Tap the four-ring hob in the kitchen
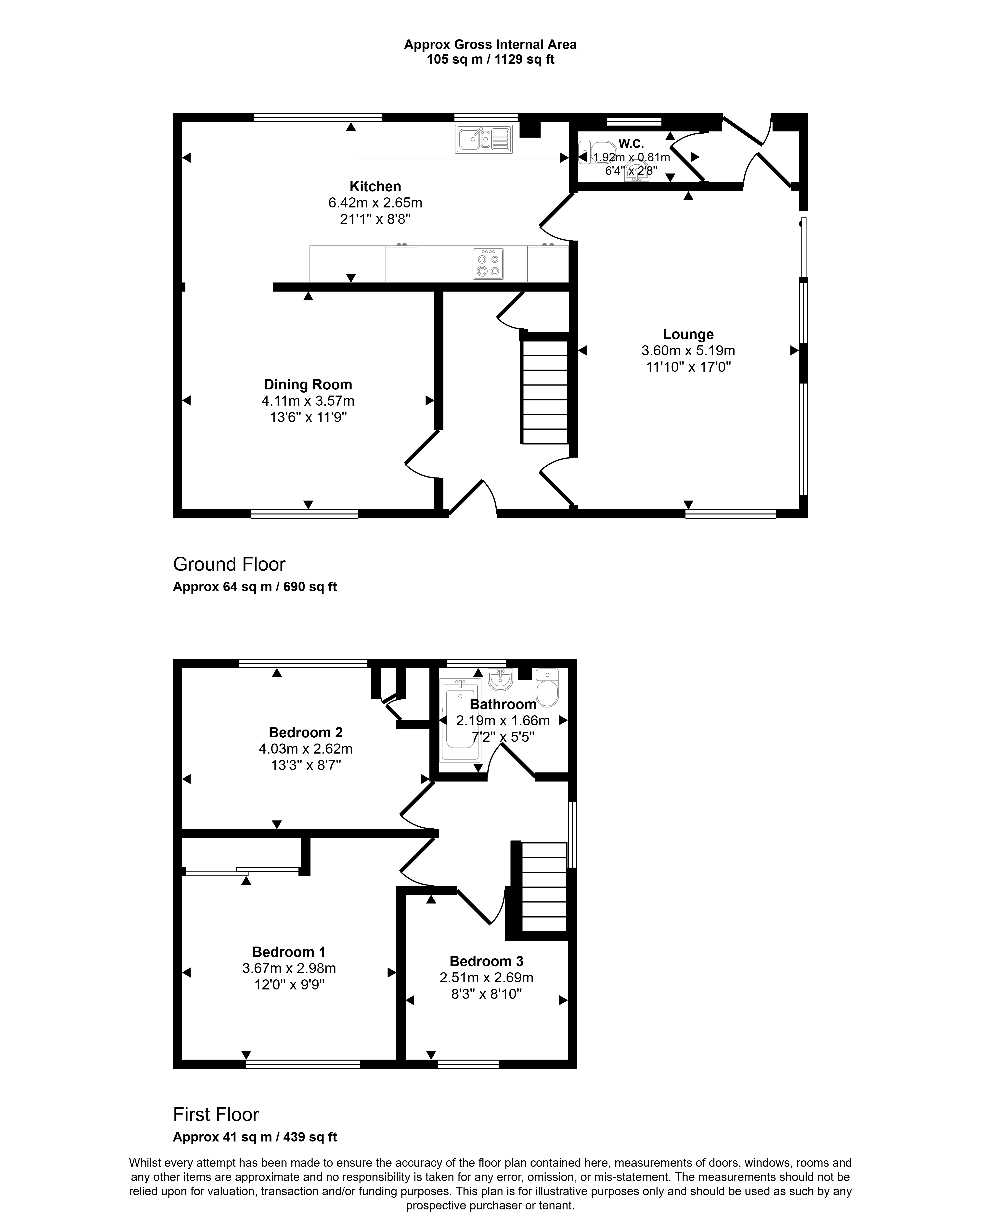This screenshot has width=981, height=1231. click(488, 264)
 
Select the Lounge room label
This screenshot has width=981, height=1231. click(688, 334)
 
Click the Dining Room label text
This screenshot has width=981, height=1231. click(308, 385)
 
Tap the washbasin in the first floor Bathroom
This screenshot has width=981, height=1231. click(501, 678)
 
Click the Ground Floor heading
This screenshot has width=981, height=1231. click(229, 564)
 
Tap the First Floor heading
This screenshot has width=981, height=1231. click(216, 1130)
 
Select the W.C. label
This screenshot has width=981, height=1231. click(631, 144)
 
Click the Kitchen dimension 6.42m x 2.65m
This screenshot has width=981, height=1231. click(375, 203)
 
